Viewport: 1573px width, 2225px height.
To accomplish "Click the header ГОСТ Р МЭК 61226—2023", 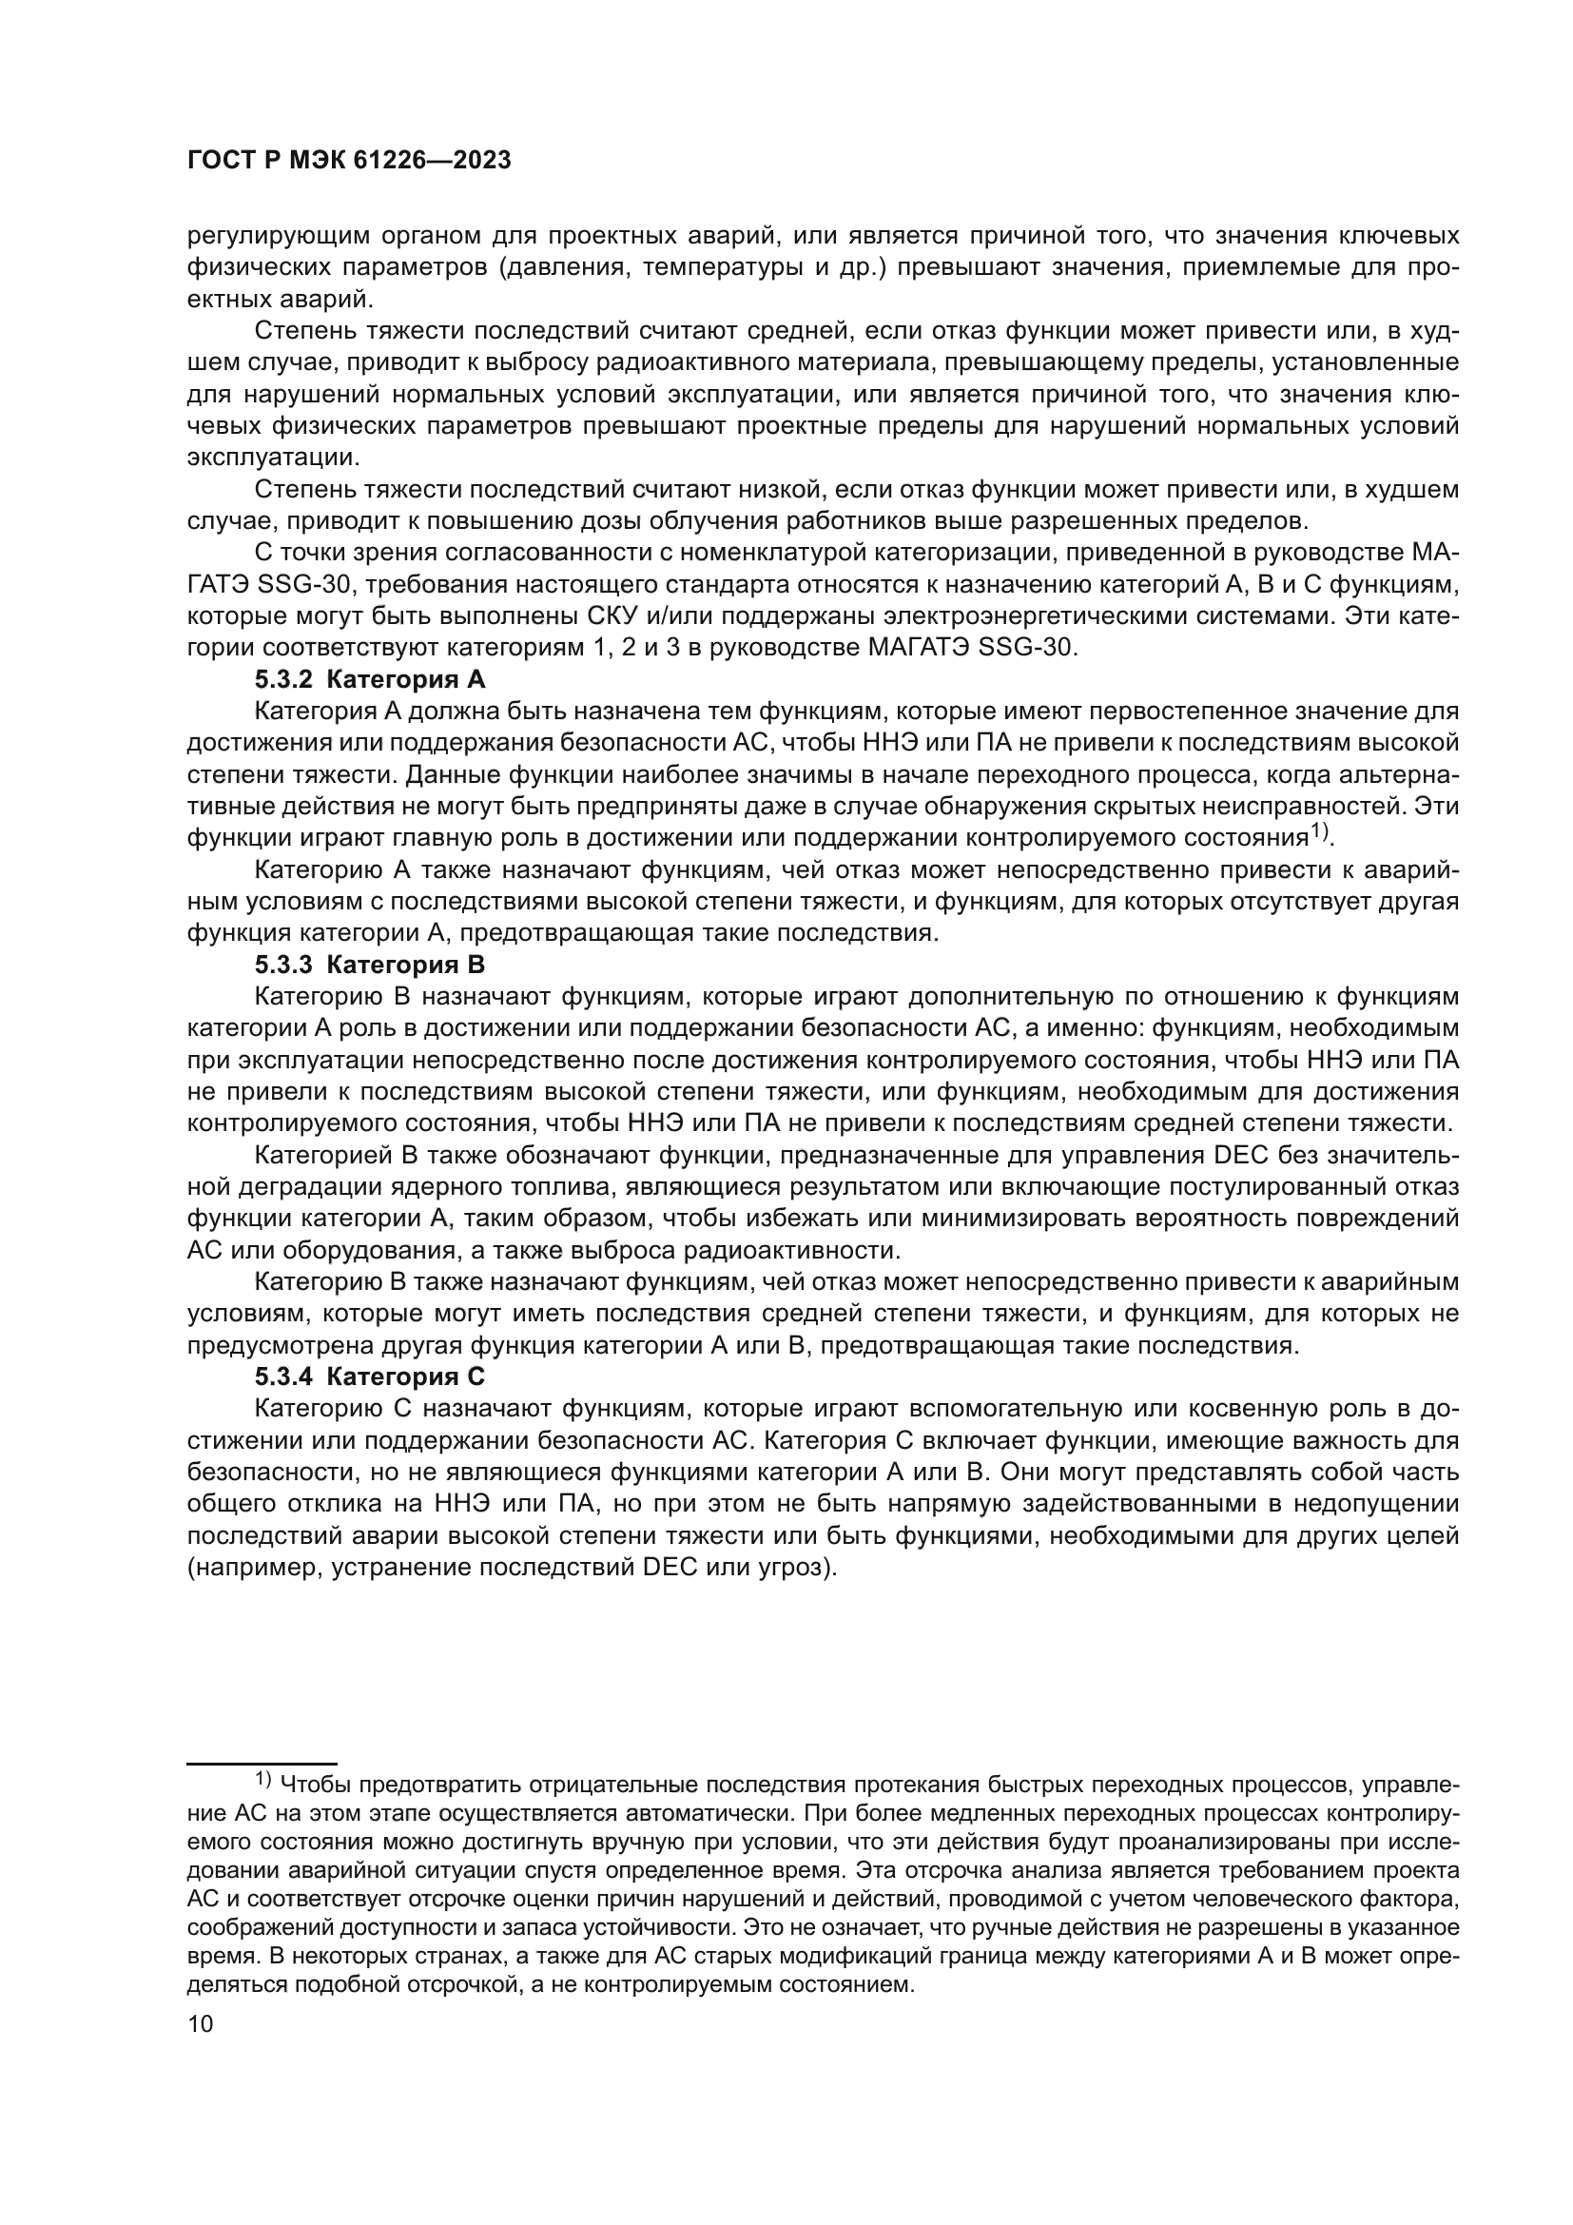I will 349,161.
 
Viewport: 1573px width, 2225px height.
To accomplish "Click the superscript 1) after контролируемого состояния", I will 1322,831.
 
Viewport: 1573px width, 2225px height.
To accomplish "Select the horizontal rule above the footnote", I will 262,1764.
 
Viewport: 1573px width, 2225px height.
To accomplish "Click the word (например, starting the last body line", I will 254,1567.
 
